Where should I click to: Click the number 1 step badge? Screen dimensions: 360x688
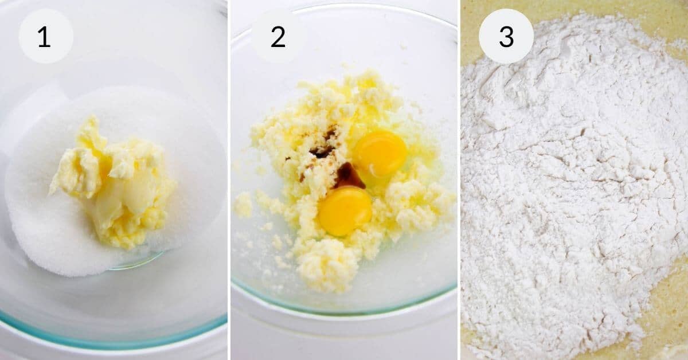(x=45, y=36)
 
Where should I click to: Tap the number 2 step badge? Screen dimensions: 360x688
(x=277, y=36)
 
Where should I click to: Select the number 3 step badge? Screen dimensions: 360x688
(x=506, y=36)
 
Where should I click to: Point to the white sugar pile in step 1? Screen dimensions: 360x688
(x=46, y=229)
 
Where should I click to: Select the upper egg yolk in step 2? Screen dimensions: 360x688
(x=380, y=152)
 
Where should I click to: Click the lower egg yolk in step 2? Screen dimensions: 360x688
(x=345, y=210)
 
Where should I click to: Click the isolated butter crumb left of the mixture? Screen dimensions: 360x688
(x=243, y=204)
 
